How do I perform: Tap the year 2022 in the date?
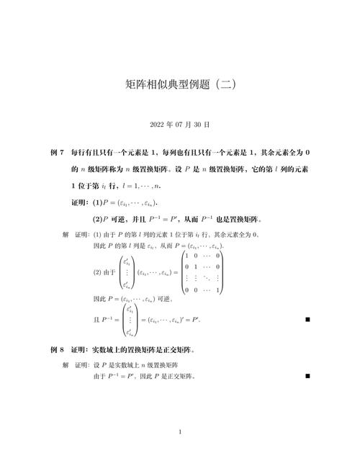[x=158, y=125]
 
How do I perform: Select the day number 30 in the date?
[x=200, y=125]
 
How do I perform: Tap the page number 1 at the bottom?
[x=180, y=432]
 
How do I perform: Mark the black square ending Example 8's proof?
[x=307, y=375]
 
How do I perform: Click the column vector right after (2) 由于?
[x=127, y=273]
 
